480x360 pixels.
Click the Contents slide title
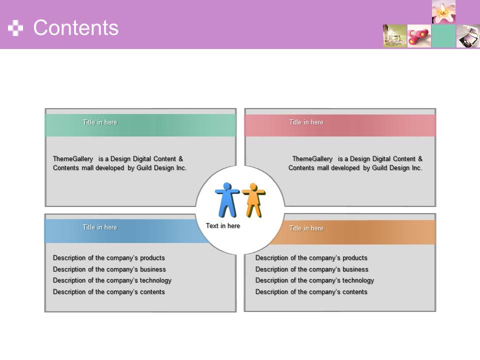(x=75, y=27)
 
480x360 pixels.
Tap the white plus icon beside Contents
(x=15, y=28)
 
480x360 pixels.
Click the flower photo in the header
(x=443, y=11)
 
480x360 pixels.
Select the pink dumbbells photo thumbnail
(x=419, y=36)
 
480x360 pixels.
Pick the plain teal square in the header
(x=443, y=36)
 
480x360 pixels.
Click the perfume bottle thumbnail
(x=394, y=36)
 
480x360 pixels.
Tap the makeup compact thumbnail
(x=468, y=36)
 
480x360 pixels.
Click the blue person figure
(x=227, y=200)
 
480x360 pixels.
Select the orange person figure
(x=254, y=200)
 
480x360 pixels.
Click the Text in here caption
(x=223, y=226)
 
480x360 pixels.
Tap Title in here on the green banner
(x=100, y=122)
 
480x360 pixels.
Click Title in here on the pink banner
(x=306, y=122)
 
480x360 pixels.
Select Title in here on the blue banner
(x=100, y=227)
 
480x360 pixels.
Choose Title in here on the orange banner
(x=306, y=228)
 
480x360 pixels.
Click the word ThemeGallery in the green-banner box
(x=73, y=159)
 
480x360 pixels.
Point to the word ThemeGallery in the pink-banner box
(x=312, y=159)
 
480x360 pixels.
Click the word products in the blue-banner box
(x=152, y=258)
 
